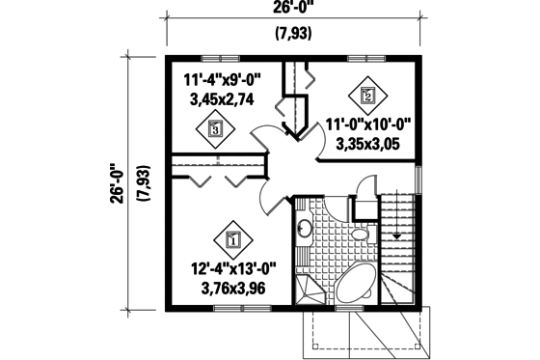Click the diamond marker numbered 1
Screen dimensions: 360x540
[x=232, y=235]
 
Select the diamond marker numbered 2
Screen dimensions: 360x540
[x=367, y=94]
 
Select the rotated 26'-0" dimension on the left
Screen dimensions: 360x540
[x=117, y=182]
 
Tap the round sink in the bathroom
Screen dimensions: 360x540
[x=303, y=229]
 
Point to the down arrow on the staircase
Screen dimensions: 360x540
[x=396, y=235]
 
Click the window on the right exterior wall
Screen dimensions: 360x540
[x=418, y=178]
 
